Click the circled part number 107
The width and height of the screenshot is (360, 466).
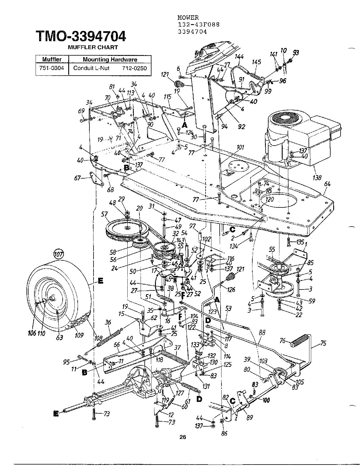click(x=59, y=254)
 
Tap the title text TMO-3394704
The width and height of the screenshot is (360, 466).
click(x=81, y=36)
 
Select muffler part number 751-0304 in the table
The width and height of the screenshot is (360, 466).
click(x=52, y=68)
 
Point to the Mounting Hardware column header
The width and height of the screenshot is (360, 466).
click(x=110, y=59)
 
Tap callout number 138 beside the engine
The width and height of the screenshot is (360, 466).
click(x=317, y=177)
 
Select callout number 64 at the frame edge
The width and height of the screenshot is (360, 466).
click(x=327, y=184)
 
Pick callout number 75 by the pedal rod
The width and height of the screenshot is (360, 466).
click(x=323, y=343)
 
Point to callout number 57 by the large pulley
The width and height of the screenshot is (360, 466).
click(x=104, y=214)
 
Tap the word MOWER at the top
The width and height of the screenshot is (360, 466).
click(x=188, y=18)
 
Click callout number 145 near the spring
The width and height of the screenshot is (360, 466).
click(x=257, y=62)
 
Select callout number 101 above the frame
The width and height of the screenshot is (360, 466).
click(x=240, y=147)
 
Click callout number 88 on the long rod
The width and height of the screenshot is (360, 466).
click(x=262, y=333)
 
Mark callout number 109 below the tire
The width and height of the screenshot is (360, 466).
click(x=79, y=335)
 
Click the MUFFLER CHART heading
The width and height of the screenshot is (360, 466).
click(x=93, y=47)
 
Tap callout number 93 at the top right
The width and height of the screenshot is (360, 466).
click(x=296, y=52)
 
